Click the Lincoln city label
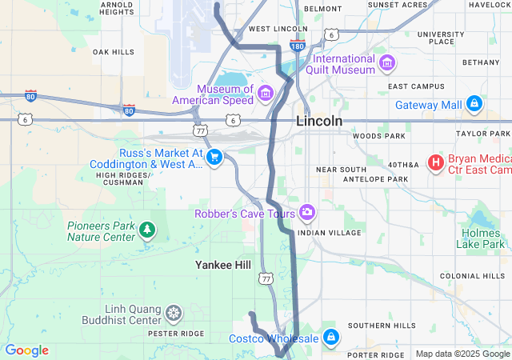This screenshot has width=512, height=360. [x=319, y=121]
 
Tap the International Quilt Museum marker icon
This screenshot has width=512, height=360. [x=387, y=62]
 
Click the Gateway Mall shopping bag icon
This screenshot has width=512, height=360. [x=474, y=104]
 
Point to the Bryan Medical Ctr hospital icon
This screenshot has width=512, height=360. [x=436, y=163]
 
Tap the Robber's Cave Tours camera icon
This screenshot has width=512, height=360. [x=307, y=212]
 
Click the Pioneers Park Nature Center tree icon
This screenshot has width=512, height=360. [x=146, y=231]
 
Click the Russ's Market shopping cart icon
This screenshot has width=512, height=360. [x=214, y=158]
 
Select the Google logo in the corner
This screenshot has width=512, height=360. [x=26, y=350]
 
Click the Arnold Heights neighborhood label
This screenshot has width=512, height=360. [x=116, y=8]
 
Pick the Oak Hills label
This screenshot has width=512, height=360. [x=114, y=51]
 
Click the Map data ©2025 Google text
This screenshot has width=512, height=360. [x=462, y=354]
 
